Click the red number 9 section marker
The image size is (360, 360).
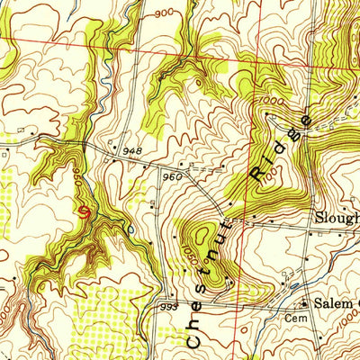pyautogui.click(x=84, y=212)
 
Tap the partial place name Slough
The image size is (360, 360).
pyautogui.click(x=335, y=219)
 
